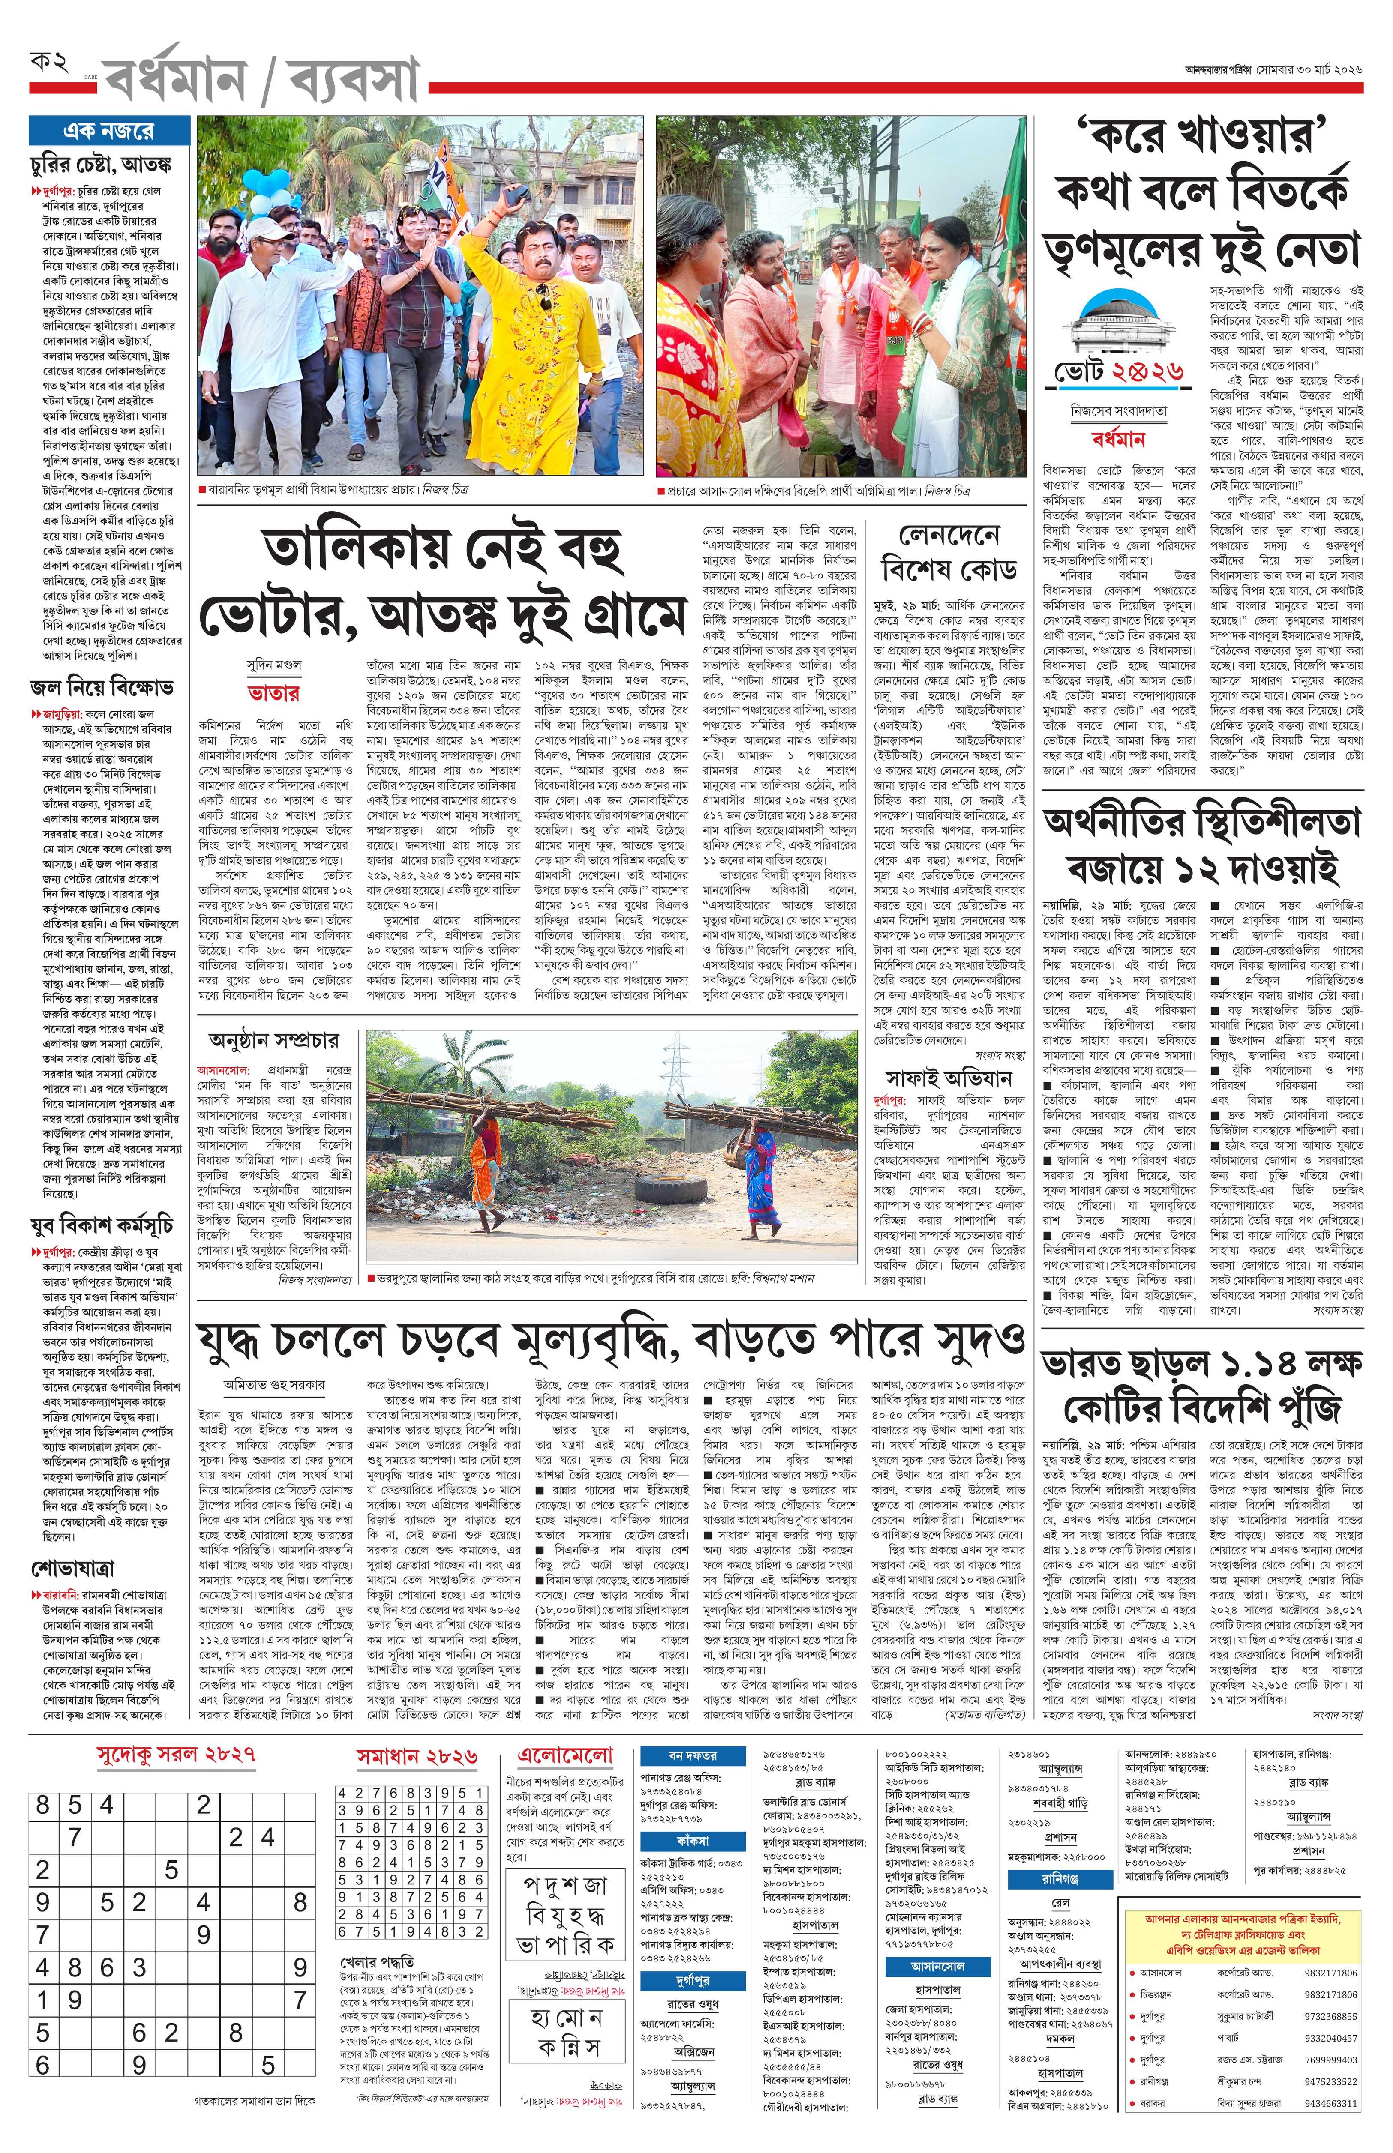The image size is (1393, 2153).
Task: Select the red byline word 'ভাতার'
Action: click(274, 694)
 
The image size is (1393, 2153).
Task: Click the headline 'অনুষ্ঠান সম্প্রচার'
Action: click(273, 1041)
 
